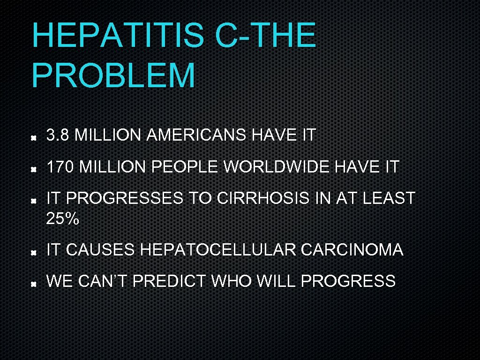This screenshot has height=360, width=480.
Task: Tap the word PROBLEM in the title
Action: [113, 76]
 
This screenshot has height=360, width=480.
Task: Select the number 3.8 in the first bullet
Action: [58, 135]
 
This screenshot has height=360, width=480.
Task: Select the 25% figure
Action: [63, 218]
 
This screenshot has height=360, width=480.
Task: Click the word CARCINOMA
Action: [352, 250]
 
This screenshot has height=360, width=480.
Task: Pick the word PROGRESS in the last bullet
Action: [348, 281]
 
